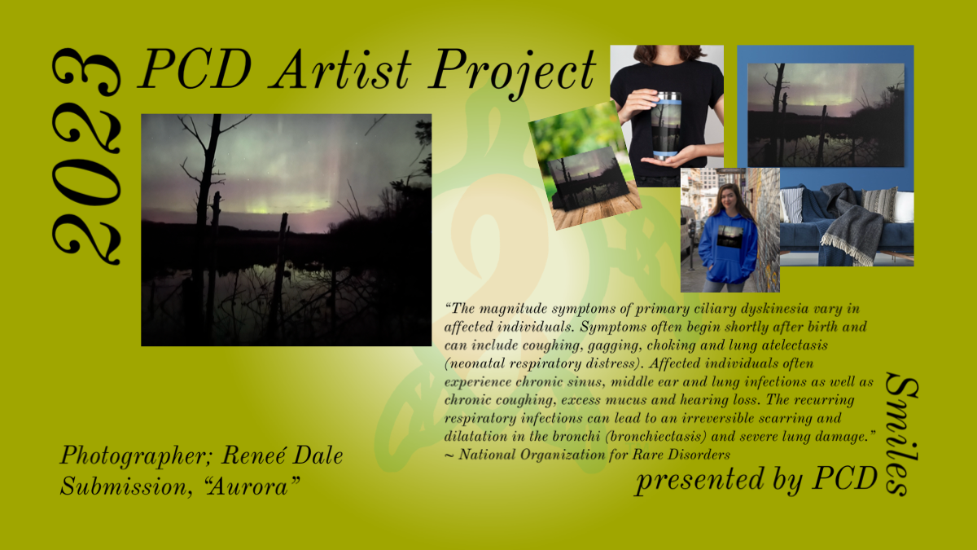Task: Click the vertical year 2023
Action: pos(86,156)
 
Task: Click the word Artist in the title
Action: pos(340,69)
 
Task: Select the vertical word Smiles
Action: pos(901,433)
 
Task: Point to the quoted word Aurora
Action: pos(252,486)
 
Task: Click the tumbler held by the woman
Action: pos(666,125)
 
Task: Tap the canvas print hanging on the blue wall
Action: pos(826,114)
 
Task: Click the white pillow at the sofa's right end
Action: pos(904,207)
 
